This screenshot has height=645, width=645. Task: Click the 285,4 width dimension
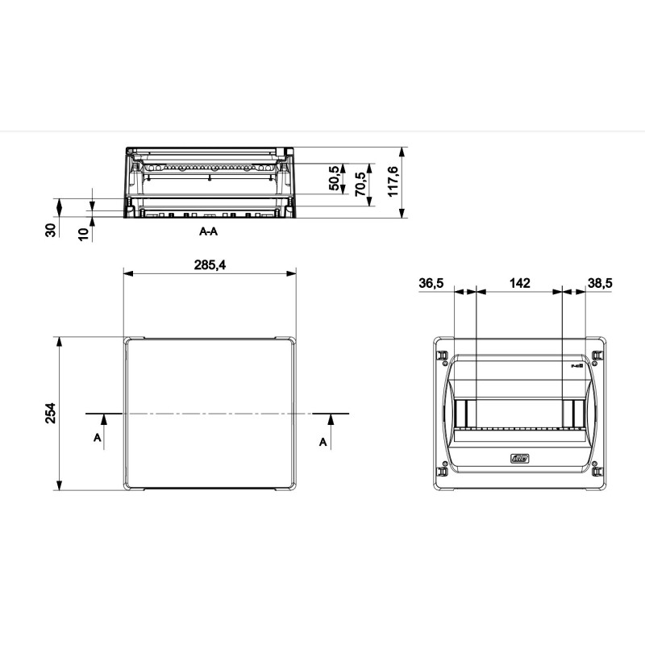click(210, 264)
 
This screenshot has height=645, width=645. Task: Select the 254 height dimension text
click(50, 414)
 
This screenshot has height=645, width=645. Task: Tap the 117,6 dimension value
click(393, 181)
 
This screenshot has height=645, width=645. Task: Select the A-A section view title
click(209, 231)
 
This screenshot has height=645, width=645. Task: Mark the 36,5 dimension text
click(431, 283)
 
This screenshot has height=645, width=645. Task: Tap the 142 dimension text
click(519, 283)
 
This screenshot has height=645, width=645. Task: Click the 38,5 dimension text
click(601, 283)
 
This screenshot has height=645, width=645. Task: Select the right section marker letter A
click(323, 442)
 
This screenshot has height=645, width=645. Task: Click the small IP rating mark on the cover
click(576, 365)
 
